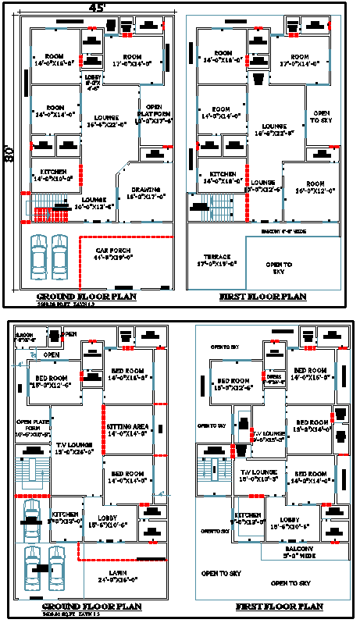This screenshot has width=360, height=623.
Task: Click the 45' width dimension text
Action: pos(97,7)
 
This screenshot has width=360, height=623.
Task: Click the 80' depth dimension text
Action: pos(9,152)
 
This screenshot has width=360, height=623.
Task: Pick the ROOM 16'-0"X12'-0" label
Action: pos(311,186)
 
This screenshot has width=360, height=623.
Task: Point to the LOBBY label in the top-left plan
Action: pos(91,80)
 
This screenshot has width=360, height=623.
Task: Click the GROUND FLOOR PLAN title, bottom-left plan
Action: pos(91,607)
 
